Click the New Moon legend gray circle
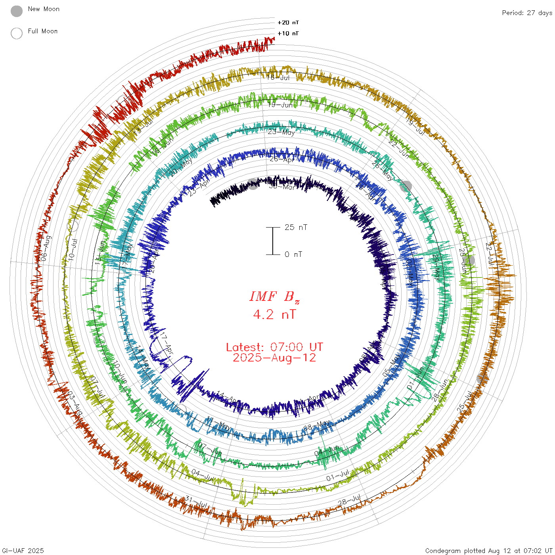pos(17,11)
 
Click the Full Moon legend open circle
pos(17,33)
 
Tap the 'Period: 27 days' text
pos(527,13)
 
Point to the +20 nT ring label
pos(288,23)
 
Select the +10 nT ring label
pos(288,33)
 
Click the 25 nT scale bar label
pos(296,227)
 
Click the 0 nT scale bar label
pos(293,254)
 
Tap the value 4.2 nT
pos(274,315)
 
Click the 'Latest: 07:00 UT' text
pos(274,347)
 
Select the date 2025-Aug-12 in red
pos(274,358)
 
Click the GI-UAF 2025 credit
pos(23,551)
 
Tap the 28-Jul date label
pos(349,500)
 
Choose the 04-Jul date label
pos(202,475)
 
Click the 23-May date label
pos(281,132)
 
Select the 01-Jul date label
pos(337,476)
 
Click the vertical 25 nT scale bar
pos(273,241)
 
